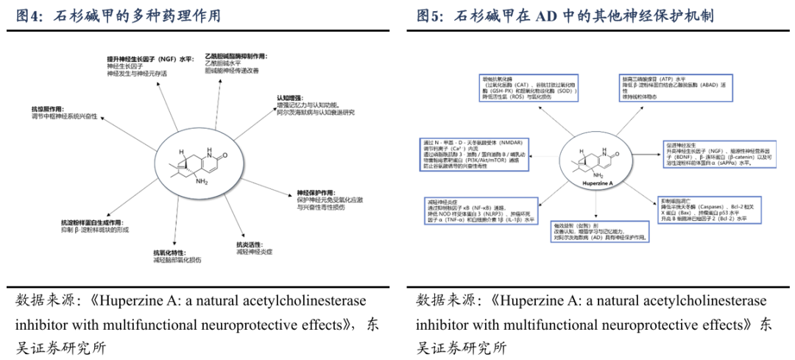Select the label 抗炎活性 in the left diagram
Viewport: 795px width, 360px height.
[x=251, y=244]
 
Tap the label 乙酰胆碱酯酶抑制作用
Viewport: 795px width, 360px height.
[x=236, y=56]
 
